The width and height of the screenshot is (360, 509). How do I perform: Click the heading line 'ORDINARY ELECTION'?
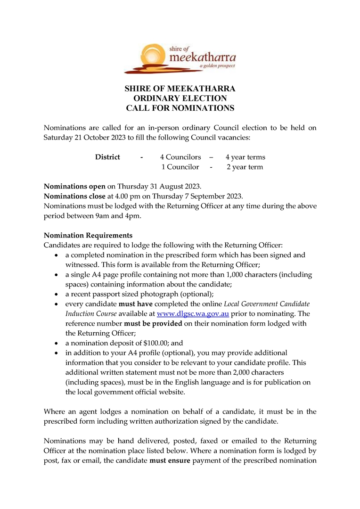180,99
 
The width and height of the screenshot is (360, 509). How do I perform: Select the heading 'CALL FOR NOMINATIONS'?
180,108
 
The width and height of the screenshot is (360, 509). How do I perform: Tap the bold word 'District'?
107,157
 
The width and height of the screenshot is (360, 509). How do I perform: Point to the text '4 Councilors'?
180,157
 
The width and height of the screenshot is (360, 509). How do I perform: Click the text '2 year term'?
245,167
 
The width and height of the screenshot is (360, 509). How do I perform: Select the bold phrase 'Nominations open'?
74,186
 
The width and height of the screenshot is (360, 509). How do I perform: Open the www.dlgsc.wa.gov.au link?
193,313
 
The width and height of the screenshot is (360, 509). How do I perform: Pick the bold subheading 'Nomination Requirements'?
88,235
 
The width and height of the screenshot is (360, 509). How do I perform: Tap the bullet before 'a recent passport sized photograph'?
56,294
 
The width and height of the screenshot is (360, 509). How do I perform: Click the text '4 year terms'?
245,157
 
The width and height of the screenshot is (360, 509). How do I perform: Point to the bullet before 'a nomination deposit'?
56,343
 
